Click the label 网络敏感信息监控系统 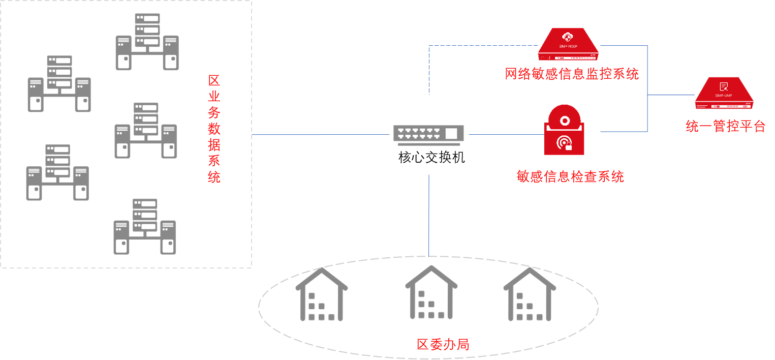pos(572,74)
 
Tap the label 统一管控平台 pos(725,126)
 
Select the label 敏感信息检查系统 pos(570,176)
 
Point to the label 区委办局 pos(443,344)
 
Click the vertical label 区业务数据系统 pos(214,129)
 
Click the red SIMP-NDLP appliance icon pos(569,44)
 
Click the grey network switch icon pos(428,135)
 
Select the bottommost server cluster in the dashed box pos(145,227)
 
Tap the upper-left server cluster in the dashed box pos(59,84)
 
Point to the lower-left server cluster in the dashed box pos(57,172)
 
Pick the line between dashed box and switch pos(320,135)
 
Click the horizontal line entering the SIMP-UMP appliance pos(671,95)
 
